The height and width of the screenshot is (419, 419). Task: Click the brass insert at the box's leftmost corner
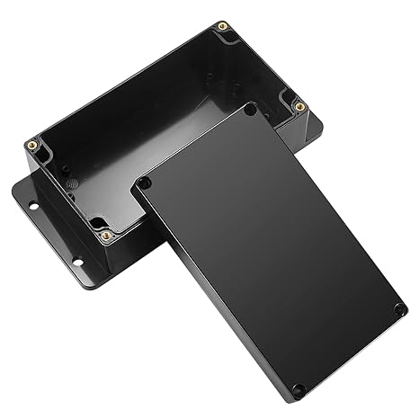[x=32, y=143]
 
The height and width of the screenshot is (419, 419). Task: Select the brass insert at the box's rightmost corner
[x=300, y=106]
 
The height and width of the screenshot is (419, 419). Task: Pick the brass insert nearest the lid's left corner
[x=106, y=235]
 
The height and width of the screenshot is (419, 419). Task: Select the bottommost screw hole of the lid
[x=298, y=389]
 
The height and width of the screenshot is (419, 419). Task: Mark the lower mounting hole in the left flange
[x=76, y=263]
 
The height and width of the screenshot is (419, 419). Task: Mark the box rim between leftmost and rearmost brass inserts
[x=126, y=84]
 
